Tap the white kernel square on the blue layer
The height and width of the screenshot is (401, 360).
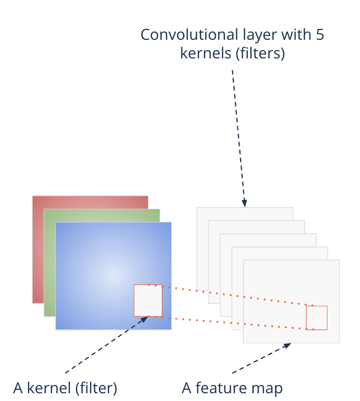148,300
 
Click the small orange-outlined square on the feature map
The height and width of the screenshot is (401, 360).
317,317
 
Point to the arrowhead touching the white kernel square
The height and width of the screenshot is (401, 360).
144,319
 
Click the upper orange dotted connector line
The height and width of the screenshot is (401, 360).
233,295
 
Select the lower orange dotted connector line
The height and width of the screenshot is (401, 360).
233,323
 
